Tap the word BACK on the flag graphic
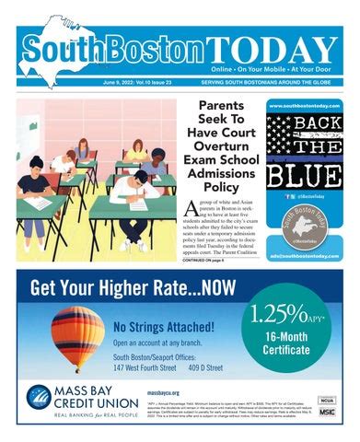pyautogui.click(x=307, y=126)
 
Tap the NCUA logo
pyautogui.click(x=325, y=400)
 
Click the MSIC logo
pyautogui.click(x=326, y=413)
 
